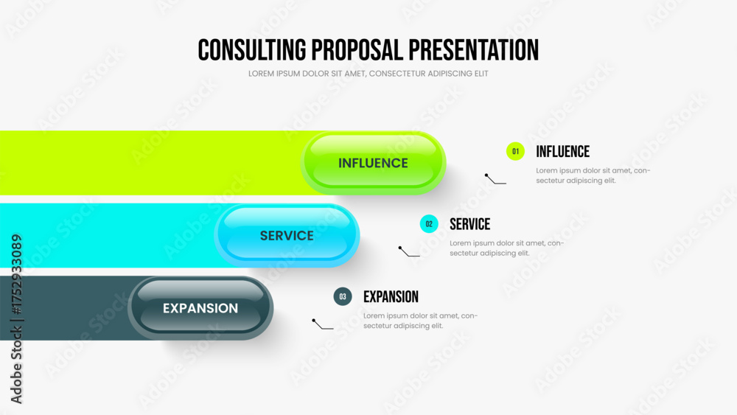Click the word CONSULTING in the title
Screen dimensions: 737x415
(251, 50)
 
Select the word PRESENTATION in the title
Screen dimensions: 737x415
(473, 50)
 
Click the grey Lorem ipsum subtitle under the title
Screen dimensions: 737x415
(368, 74)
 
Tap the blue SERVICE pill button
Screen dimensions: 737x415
(287, 235)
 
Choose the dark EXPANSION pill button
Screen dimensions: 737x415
(200, 308)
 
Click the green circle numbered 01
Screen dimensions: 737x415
(515, 151)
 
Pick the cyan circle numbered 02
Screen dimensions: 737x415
(429, 224)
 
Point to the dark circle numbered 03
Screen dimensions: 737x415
(343, 296)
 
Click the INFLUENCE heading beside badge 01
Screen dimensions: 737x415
(562, 151)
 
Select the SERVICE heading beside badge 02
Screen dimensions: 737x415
(469, 224)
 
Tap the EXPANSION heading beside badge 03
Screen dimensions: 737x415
(391, 296)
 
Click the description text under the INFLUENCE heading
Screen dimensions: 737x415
(593, 175)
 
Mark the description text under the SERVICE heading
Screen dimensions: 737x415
(507, 248)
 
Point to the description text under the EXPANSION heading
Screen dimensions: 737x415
(420, 321)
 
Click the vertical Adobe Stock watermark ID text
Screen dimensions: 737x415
(16, 318)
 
